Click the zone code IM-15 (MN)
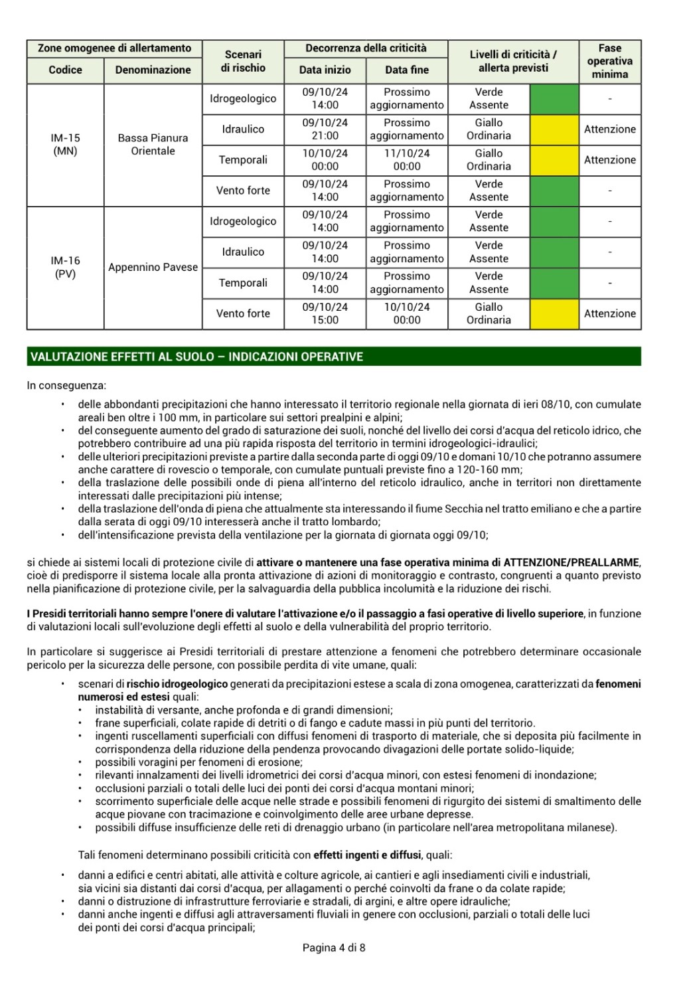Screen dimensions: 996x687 coord(65,145)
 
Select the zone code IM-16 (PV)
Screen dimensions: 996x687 coord(65,268)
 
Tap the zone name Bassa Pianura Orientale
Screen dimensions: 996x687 coord(153,145)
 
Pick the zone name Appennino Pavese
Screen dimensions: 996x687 coord(153,268)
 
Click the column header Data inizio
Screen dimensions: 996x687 coord(325,70)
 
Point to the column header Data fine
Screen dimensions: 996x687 coord(407,70)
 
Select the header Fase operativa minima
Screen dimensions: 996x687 coord(609,61)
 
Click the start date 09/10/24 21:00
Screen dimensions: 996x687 coord(325,129)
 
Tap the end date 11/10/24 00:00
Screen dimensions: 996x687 coord(407,160)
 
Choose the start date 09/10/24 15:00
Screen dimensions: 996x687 coord(325,313)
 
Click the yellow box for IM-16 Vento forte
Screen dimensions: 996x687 coord(554,313)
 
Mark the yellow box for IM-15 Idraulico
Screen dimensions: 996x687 coord(554,129)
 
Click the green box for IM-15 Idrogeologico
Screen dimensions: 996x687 coord(554,99)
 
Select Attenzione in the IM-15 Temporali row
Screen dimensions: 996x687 coord(609,160)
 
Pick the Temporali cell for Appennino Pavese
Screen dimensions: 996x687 coord(243,283)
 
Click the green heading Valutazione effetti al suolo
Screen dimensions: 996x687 coord(196,357)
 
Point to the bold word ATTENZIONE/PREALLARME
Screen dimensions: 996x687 coord(572,562)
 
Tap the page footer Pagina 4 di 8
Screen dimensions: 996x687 coord(334,948)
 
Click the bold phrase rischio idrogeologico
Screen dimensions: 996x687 coord(177,684)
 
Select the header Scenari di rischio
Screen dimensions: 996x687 coord(243,61)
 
